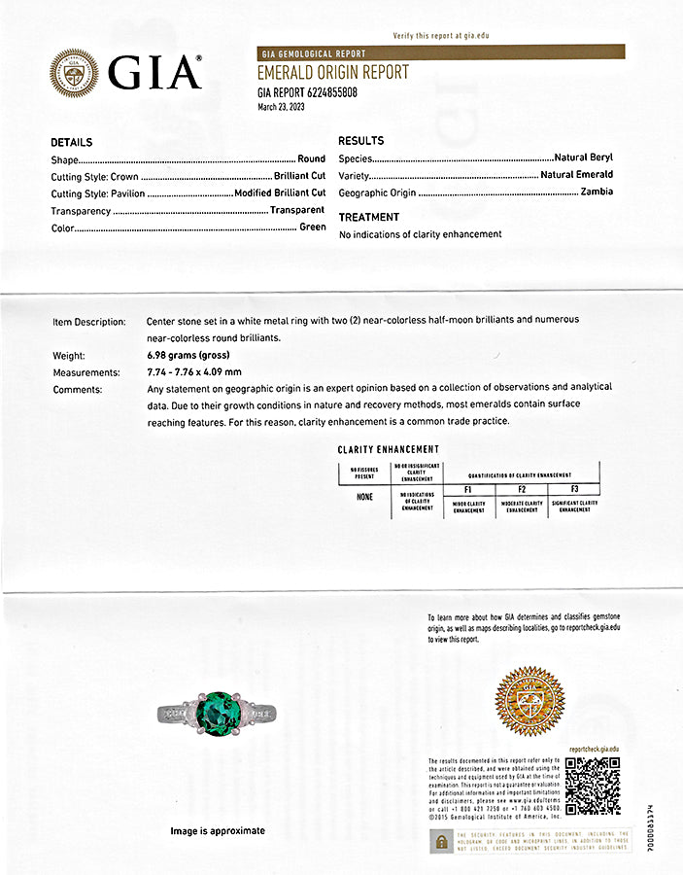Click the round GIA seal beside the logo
tap(74, 73)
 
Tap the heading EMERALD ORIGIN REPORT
tap(332, 73)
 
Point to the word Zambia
tap(597, 192)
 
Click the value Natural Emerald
tap(577, 175)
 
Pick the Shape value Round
tap(311, 158)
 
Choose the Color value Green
tap(312, 227)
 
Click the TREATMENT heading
tap(369, 217)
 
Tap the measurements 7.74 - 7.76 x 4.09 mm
tap(194, 372)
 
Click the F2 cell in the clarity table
tap(522, 489)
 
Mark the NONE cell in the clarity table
tap(364, 497)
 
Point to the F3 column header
tap(574, 489)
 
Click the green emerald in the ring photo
tap(218, 714)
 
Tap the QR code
tap(592, 786)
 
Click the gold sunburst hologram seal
tap(529, 701)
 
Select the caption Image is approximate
tap(218, 831)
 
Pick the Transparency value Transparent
tap(297, 210)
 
